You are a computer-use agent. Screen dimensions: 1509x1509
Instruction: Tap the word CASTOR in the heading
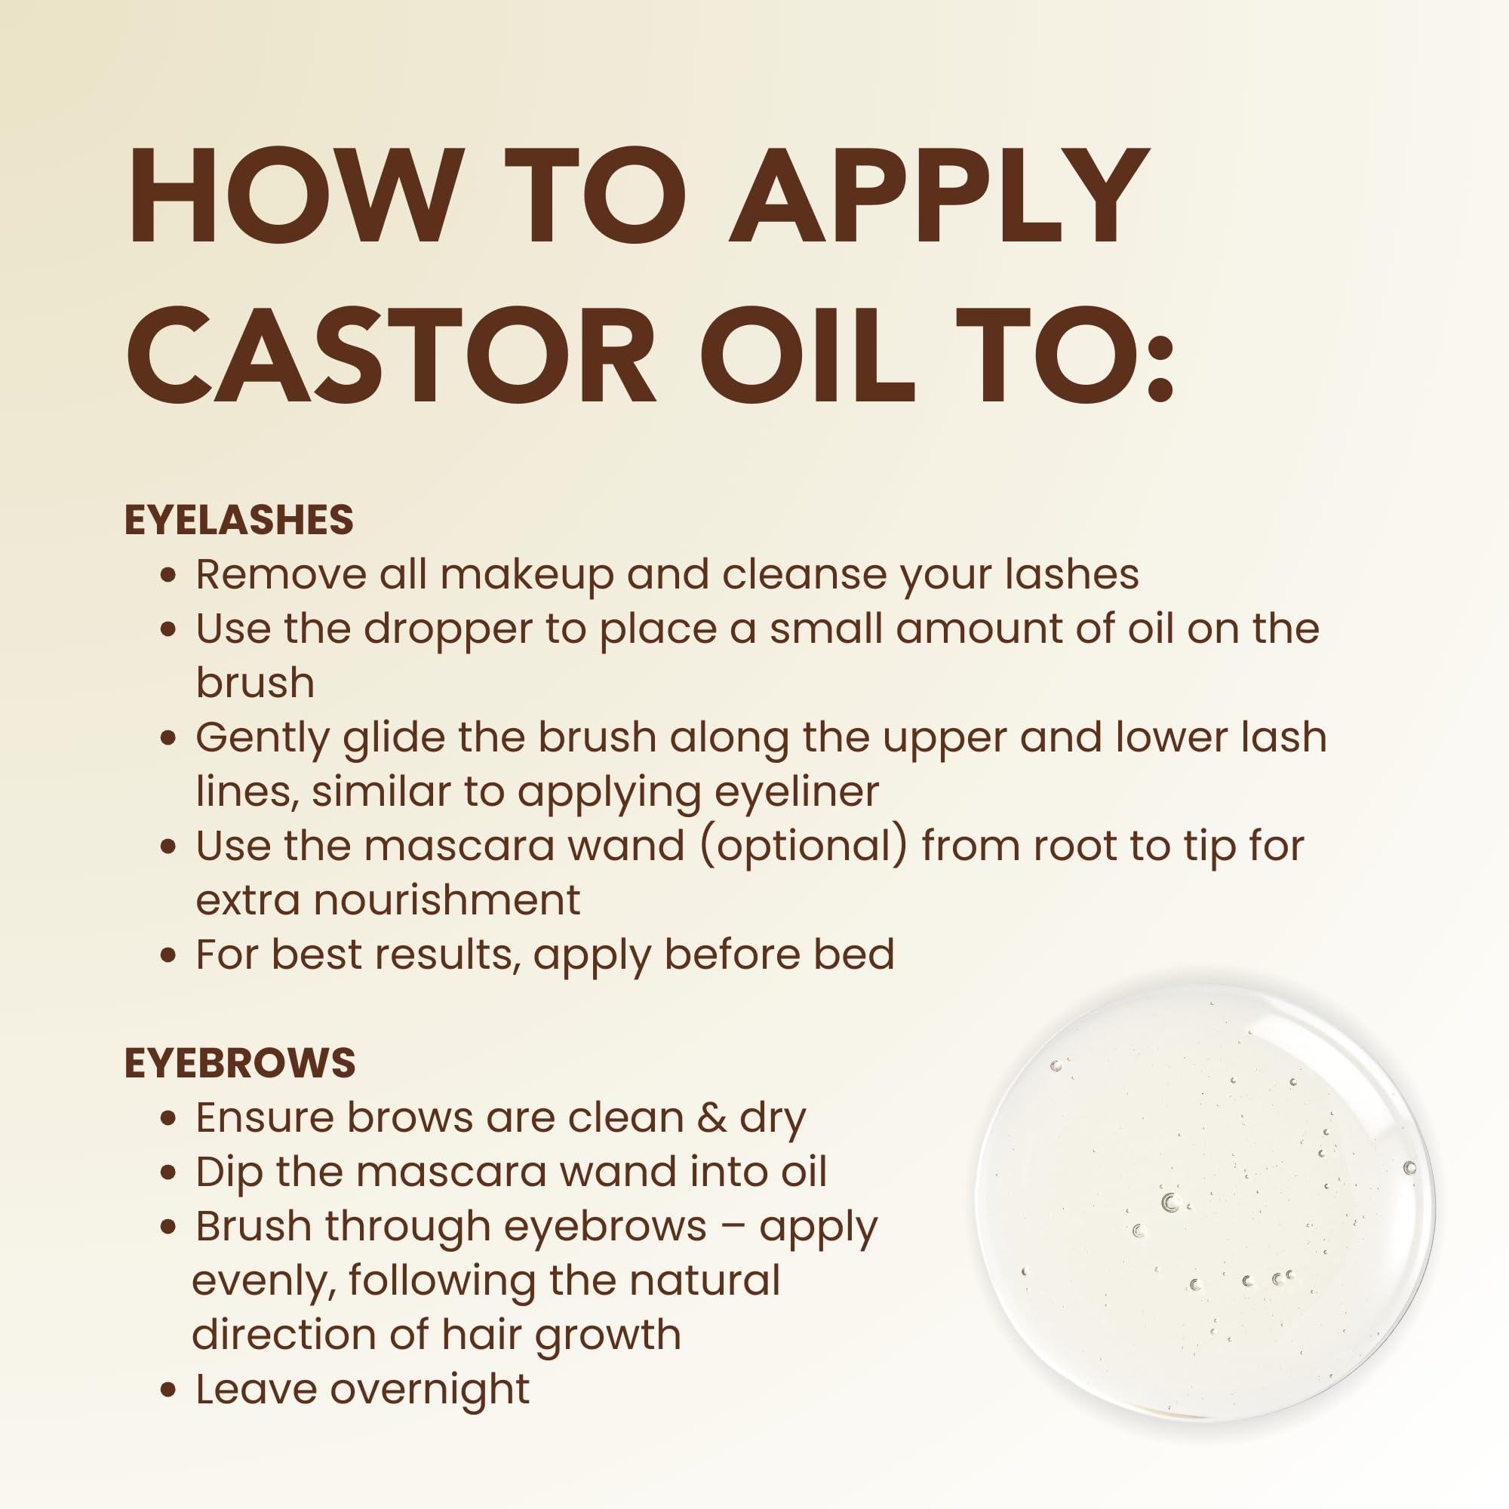tap(391, 355)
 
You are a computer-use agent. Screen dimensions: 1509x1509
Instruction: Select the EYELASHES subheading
tap(239, 520)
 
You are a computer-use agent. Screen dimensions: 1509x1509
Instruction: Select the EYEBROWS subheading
tap(240, 1063)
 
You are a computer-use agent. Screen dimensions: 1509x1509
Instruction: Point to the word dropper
tap(448, 628)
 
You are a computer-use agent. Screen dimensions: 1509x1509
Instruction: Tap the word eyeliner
tap(797, 791)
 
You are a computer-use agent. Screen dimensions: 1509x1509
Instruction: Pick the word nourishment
tap(447, 900)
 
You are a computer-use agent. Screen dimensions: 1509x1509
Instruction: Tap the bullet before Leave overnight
tap(167, 1391)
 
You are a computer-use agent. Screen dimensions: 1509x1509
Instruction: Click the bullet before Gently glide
tap(167, 738)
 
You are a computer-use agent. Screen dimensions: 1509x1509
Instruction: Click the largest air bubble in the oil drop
tap(1169, 1203)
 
